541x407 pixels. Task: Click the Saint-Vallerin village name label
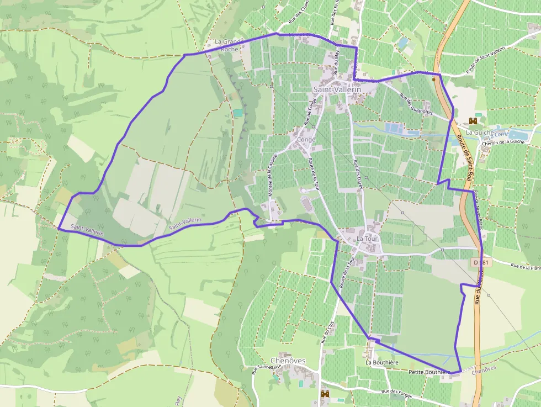click(x=337, y=89)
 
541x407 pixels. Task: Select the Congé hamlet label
click(x=306, y=140)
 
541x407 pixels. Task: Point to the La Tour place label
click(x=367, y=239)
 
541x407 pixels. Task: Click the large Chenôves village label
click(x=288, y=361)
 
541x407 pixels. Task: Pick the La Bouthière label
click(x=382, y=362)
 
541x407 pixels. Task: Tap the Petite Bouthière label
click(x=428, y=373)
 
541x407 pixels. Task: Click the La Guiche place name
click(x=478, y=133)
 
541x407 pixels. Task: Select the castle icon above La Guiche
click(x=473, y=120)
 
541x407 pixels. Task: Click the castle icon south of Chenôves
click(x=325, y=394)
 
